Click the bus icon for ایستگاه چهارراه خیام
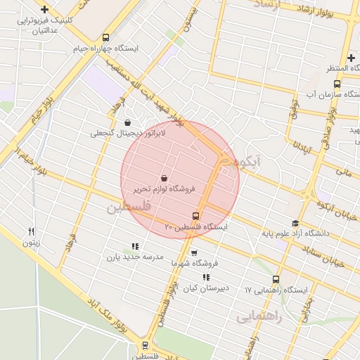click(x=105, y=38)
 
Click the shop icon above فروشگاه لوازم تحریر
click(x=164, y=178)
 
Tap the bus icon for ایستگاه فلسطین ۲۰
click(x=196, y=216)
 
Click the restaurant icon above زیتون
click(x=31, y=231)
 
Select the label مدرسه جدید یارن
click(x=134, y=258)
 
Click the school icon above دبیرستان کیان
click(x=205, y=277)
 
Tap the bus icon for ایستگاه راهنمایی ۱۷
click(x=275, y=279)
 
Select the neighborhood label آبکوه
click(x=249, y=162)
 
